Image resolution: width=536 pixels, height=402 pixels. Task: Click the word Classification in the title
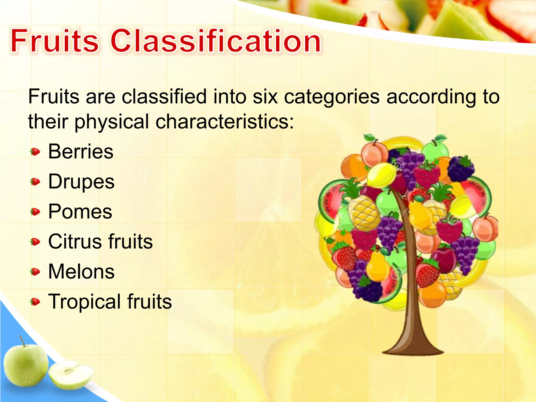216,41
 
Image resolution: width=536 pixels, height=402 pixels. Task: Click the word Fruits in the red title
54,41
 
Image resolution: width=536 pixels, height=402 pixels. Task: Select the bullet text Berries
81,152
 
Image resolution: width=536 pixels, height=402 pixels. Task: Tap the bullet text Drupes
81,182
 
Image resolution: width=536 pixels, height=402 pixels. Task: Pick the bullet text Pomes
80,211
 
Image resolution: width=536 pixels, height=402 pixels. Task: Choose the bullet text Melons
81,271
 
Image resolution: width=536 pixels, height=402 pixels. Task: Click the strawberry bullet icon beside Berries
35,152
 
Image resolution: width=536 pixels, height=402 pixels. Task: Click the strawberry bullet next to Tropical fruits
35,302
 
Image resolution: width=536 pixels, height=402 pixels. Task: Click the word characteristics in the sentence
225,122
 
